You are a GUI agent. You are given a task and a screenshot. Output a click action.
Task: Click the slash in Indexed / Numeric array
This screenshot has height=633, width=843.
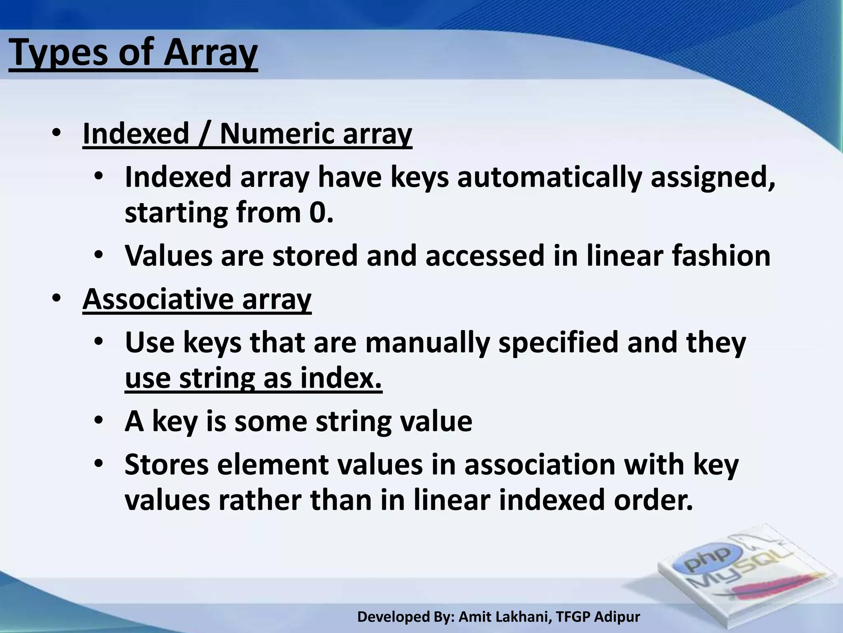click(x=204, y=134)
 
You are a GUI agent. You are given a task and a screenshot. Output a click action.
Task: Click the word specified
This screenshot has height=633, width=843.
click(x=558, y=343)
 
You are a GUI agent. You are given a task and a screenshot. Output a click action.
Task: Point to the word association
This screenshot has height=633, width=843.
click(x=539, y=464)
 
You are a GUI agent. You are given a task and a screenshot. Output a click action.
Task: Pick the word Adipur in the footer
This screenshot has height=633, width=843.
click(x=617, y=617)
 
